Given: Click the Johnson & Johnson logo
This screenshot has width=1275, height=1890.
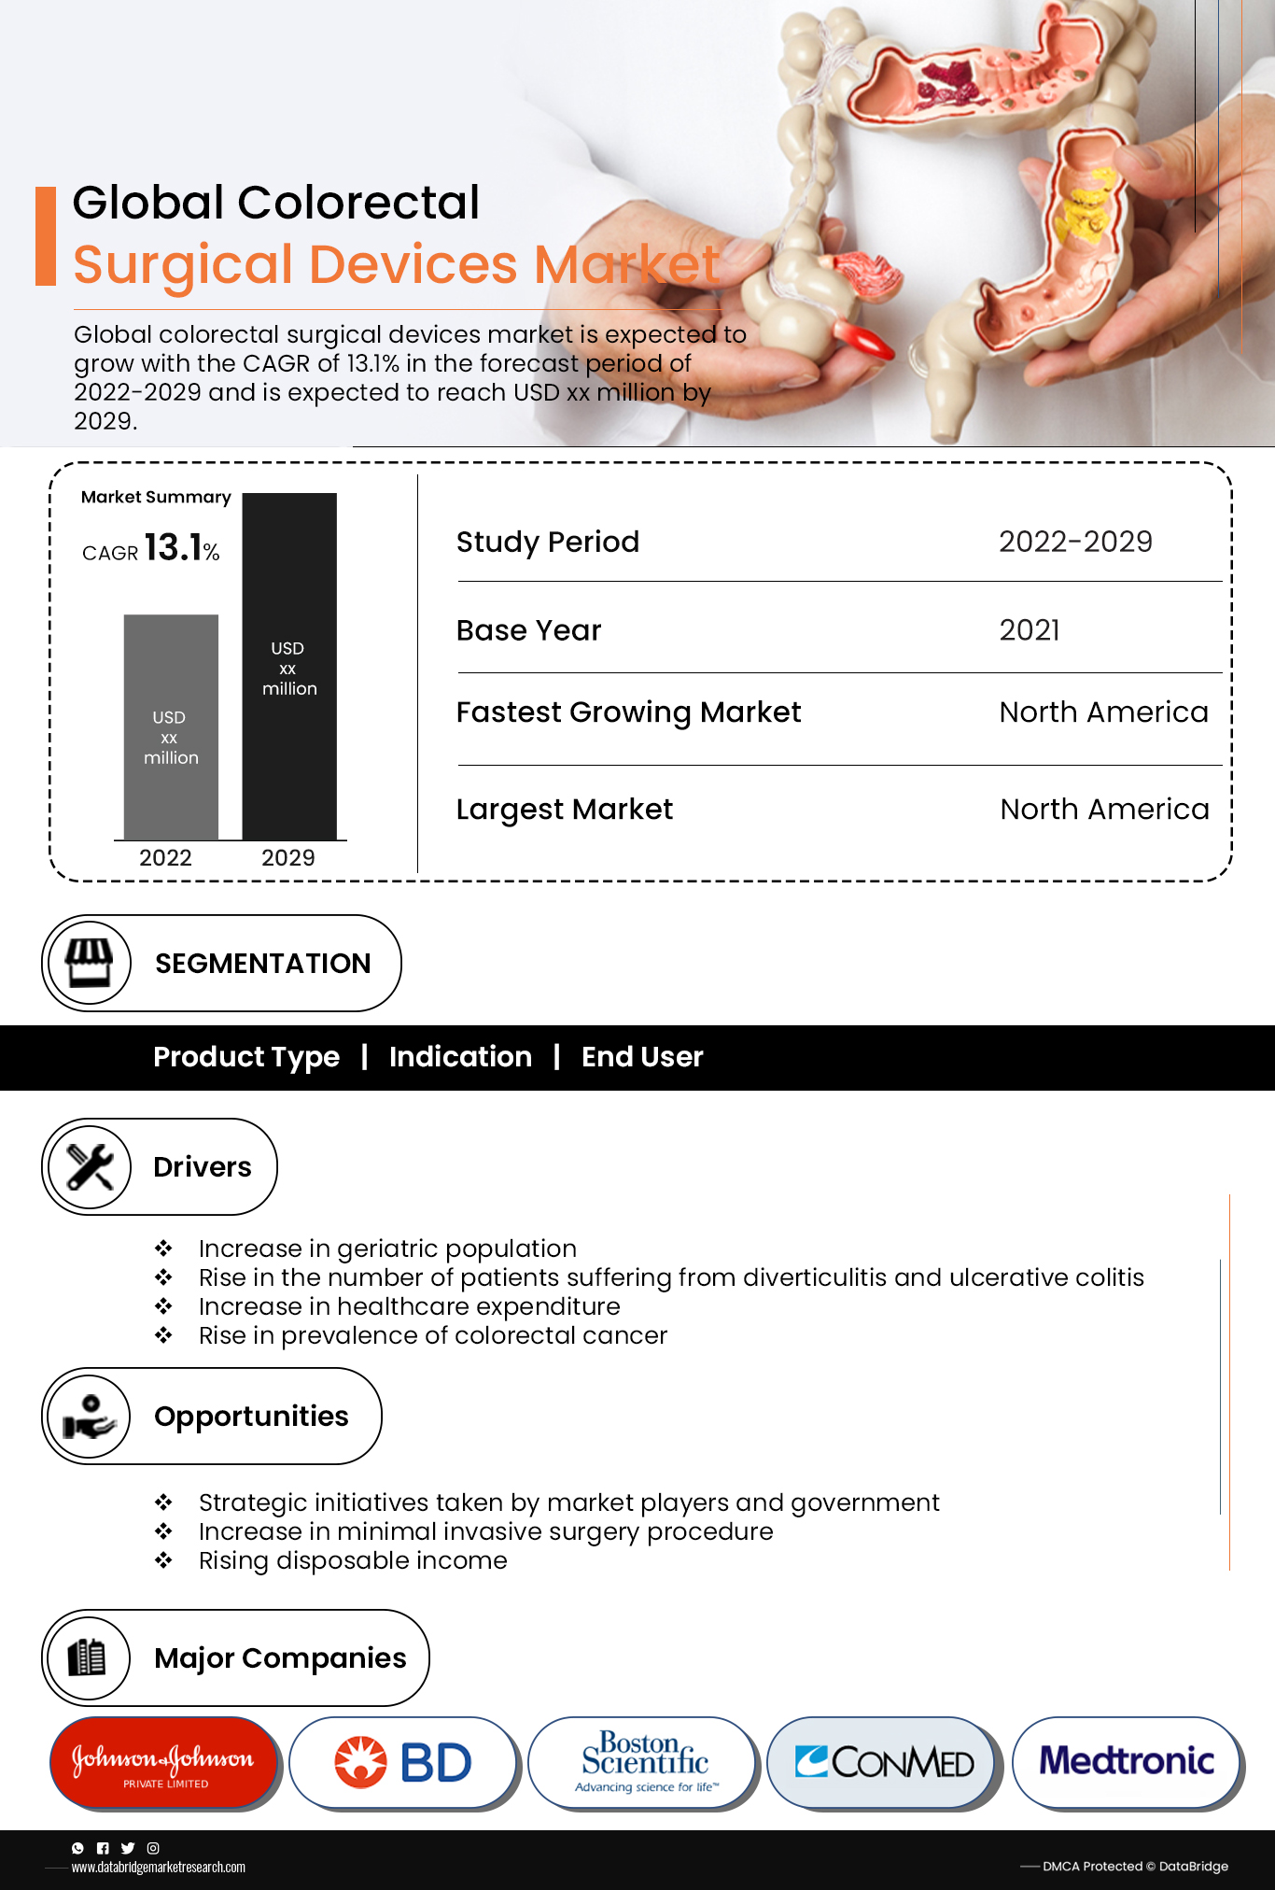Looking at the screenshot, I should [163, 1762].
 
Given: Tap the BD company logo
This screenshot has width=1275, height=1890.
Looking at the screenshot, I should [403, 1762].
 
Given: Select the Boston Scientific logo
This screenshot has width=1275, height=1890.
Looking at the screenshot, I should [644, 1762].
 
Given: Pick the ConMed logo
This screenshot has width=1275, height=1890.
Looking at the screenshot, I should [883, 1762].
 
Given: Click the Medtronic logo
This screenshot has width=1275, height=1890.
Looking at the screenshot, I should [1127, 1761].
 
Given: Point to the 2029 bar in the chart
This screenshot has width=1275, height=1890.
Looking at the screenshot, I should [289, 666].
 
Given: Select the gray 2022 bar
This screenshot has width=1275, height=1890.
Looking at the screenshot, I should [171, 726].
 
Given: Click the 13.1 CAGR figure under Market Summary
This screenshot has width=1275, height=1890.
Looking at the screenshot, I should [174, 547].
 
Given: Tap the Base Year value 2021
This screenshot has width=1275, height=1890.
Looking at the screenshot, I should [1030, 630].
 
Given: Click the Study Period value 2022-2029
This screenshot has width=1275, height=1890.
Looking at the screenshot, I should [1075, 542].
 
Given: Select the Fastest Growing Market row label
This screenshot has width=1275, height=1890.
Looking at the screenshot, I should [628, 712].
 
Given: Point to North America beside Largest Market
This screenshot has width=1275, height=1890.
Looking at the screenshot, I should [1104, 809].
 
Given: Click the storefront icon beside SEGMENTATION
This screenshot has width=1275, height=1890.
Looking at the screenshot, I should [89, 963].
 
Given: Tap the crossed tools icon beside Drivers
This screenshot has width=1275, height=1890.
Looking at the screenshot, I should [90, 1166].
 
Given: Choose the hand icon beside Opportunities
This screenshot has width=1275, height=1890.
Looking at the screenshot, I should [90, 1417].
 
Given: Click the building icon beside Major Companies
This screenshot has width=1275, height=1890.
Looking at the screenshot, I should [88, 1657].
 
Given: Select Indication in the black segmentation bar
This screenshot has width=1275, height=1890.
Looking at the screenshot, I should [460, 1057].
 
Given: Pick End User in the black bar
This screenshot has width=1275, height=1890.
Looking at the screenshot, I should [642, 1057].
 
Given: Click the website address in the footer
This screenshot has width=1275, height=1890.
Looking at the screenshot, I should [159, 1868].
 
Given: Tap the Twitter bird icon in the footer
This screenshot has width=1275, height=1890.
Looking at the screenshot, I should [128, 1848].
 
